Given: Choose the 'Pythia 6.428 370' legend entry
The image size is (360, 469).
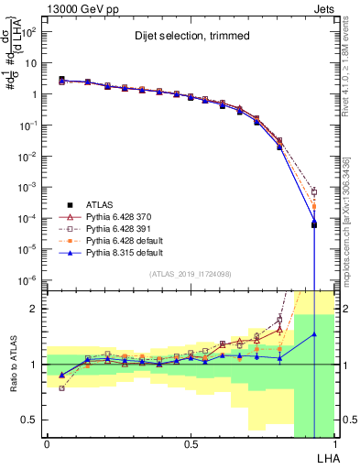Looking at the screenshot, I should pos(124,214).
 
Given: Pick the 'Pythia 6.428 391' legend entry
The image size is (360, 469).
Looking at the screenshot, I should pos(124,226).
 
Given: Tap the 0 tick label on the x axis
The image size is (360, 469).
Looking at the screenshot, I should pos(47,444).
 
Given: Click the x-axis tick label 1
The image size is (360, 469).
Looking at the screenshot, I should pos(333,444).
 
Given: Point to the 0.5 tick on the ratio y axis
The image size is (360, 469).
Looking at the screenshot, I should pos(30,420).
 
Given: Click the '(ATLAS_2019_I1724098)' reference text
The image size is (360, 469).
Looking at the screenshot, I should pos(189,274).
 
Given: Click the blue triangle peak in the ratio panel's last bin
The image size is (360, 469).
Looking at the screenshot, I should pos(314,334).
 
